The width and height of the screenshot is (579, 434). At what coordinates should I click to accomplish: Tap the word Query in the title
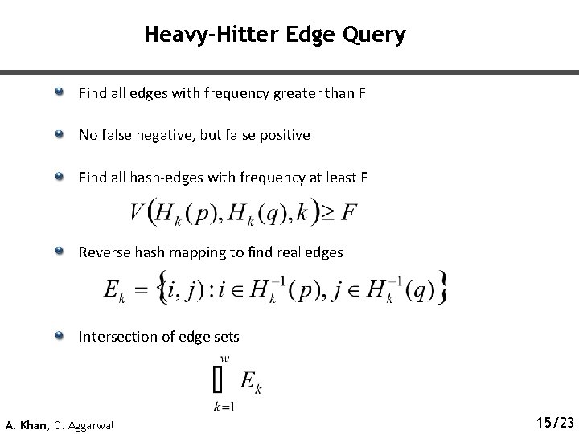pyautogui.click(x=375, y=35)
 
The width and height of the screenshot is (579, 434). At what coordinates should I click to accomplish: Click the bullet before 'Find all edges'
pyautogui.click(x=61, y=94)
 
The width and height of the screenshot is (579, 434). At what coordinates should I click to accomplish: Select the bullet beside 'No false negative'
pyautogui.click(x=61, y=135)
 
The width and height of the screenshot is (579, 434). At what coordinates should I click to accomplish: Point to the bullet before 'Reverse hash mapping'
pyautogui.click(x=61, y=252)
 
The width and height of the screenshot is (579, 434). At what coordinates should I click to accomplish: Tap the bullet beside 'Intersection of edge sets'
pyautogui.click(x=61, y=336)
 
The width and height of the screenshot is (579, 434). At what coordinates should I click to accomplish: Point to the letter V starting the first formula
pyautogui.click(x=135, y=213)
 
